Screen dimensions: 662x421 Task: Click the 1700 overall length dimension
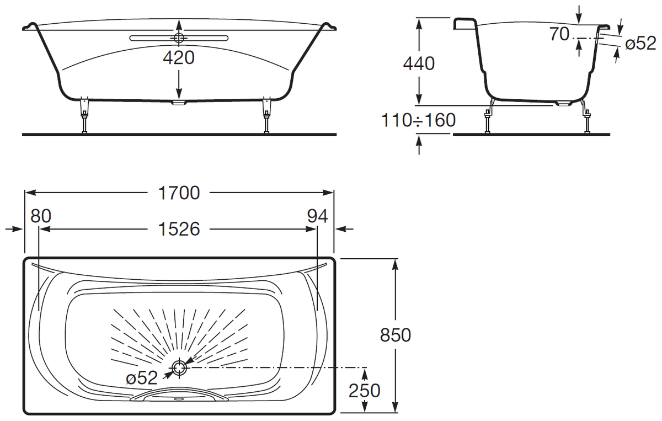(x=179, y=193)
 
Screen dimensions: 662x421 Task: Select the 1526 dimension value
(x=179, y=229)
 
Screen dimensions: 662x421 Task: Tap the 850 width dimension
(x=396, y=335)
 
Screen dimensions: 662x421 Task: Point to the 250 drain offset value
(x=365, y=391)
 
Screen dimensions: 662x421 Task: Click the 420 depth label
(x=179, y=57)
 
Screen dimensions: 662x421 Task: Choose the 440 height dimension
(x=419, y=63)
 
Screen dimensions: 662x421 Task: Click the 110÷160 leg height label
(x=419, y=120)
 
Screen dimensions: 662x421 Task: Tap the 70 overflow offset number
(x=559, y=34)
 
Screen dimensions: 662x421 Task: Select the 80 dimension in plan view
(x=41, y=216)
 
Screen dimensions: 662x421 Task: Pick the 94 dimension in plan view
(x=317, y=216)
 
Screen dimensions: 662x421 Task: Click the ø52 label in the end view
(x=640, y=44)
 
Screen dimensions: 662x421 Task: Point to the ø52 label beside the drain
(x=142, y=378)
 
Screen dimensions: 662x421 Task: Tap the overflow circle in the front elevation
(x=179, y=38)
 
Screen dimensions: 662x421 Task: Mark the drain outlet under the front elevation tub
(x=179, y=103)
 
